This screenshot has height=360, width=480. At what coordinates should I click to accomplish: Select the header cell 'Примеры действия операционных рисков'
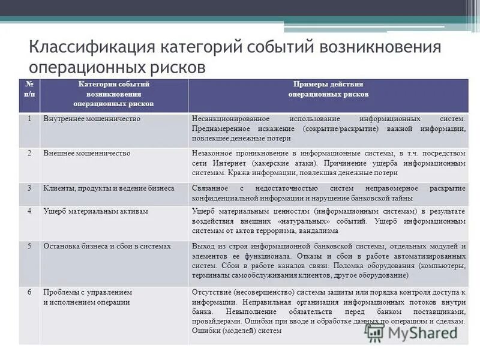(x=328, y=89)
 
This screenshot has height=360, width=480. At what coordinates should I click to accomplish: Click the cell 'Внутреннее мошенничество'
(x=92, y=119)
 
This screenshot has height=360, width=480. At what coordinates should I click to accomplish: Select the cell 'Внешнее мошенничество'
(x=87, y=154)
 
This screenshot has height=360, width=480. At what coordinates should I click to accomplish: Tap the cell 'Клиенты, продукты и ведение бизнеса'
(x=109, y=188)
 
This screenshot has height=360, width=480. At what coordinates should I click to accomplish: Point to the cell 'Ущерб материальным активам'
(x=95, y=211)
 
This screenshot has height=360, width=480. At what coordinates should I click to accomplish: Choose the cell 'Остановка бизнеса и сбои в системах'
(x=107, y=246)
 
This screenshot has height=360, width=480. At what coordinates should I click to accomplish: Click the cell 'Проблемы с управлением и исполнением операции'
(x=88, y=296)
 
